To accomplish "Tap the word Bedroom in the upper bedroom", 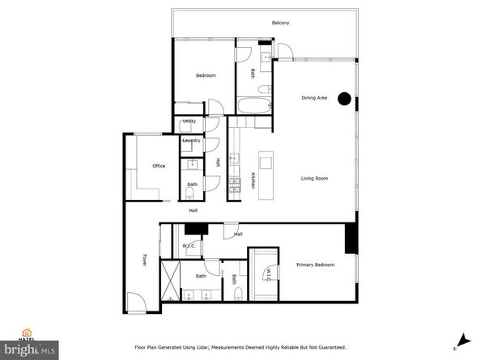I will [206, 76].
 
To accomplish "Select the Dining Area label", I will [314, 98].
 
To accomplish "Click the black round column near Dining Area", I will [344, 99].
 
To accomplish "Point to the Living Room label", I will [314, 179].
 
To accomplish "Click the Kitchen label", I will [253, 180].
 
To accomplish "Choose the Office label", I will [159, 166].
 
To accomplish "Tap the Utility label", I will [189, 121].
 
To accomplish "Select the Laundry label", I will [191, 141].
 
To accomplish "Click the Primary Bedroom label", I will [315, 265].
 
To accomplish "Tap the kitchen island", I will [264, 170].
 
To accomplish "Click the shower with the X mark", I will [170, 280].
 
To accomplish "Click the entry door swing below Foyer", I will [137, 305].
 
